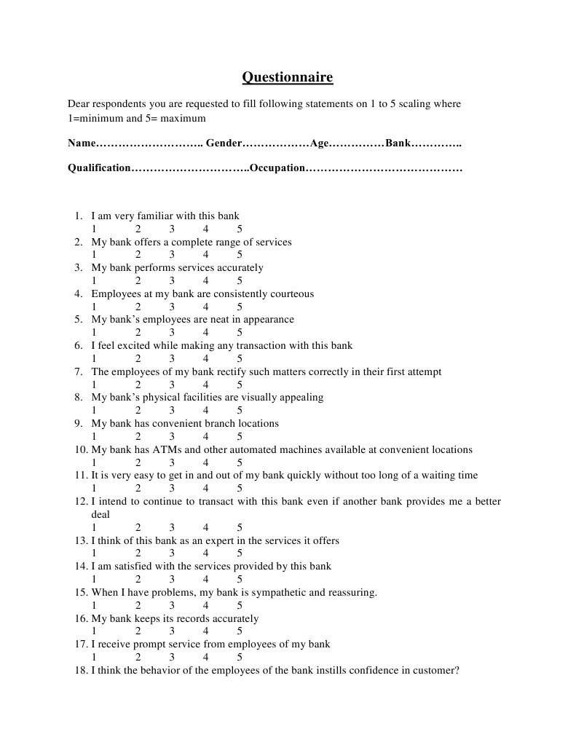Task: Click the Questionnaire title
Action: (287, 77)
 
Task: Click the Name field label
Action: (82, 143)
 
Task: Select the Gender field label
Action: (223, 143)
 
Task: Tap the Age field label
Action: (320, 143)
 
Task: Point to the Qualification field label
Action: (99, 168)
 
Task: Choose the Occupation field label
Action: (277, 168)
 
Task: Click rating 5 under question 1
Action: (240, 229)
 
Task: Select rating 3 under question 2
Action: (173, 255)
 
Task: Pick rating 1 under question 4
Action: (94, 307)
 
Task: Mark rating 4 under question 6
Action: (206, 358)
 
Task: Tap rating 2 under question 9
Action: (138, 436)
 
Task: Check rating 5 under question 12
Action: (240, 527)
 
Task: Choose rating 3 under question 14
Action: (173, 579)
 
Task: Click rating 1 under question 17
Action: (94, 657)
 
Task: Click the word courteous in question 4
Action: (291, 294)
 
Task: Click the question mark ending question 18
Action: (457, 670)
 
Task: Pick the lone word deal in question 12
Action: (100, 514)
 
